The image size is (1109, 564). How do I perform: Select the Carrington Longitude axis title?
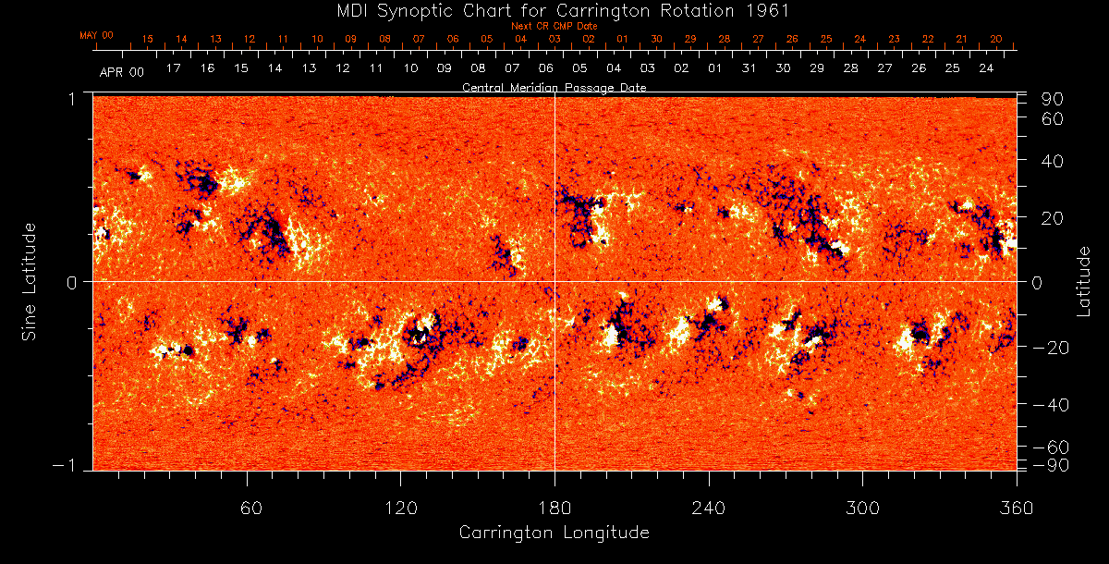(554, 533)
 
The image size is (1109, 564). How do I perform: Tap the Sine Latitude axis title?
(30, 280)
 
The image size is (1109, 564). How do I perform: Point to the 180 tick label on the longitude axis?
(554, 508)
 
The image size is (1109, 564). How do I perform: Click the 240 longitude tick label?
(708, 508)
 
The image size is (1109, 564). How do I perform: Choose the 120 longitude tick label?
(400, 508)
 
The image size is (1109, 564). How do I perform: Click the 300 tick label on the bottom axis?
(861, 508)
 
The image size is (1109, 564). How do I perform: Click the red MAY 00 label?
(96, 35)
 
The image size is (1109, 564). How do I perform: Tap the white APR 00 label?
(122, 70)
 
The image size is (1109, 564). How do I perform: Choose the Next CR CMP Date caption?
(554, 26)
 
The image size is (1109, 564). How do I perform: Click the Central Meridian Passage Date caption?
(554, 87)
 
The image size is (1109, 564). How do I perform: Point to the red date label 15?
(147, 40)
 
